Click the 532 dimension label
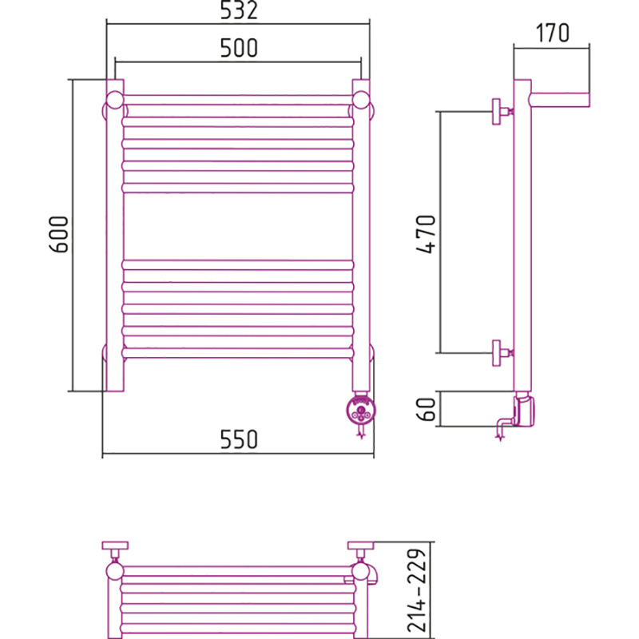coord(239,10)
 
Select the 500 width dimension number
coord(239,48)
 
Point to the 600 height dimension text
coord(58,234)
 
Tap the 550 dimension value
coord(239,439)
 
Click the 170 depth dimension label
coord(552,33)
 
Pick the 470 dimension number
coord(427,234)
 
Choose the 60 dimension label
coord(426,409)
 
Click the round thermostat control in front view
coord(361,410)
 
